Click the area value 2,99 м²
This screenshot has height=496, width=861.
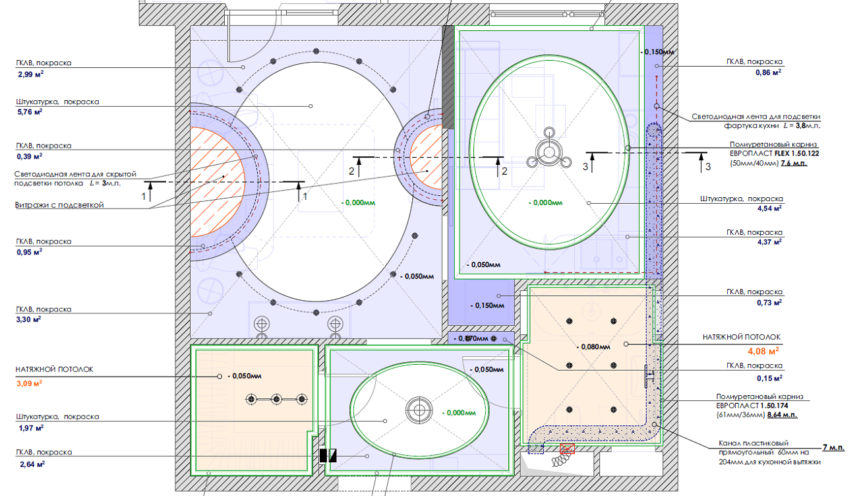pos(31,75)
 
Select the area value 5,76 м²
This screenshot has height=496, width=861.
pos(30,112)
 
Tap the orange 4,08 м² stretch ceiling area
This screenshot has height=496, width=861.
pos(763,351)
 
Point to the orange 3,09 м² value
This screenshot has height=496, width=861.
pos(29,383)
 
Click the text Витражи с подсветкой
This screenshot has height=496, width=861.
pos(59,205)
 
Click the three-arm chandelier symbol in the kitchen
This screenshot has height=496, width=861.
pos(549,151)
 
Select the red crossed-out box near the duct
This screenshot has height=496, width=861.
pos(567,449)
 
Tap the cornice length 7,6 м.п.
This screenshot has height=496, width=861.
pos(794,163)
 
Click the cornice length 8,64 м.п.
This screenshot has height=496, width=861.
pos(782,415)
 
